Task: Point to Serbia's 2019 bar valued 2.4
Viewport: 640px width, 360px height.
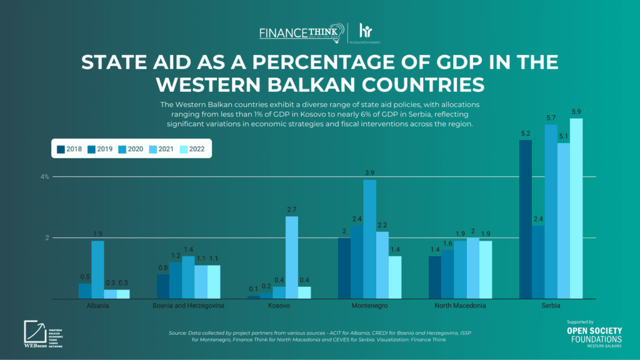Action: coord(537,262)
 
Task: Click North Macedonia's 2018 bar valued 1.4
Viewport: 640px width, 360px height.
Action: coord(435,277)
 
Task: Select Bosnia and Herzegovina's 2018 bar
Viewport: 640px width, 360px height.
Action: coord(163,287)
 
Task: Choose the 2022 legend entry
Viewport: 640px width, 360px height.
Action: coord(192,149)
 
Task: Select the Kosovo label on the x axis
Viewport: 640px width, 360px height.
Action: coord(279,306)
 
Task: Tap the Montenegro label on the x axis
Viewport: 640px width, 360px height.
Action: coord(369,306)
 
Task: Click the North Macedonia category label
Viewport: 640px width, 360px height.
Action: coord(459,306)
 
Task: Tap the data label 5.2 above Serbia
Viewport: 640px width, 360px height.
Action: coord(526,134)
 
